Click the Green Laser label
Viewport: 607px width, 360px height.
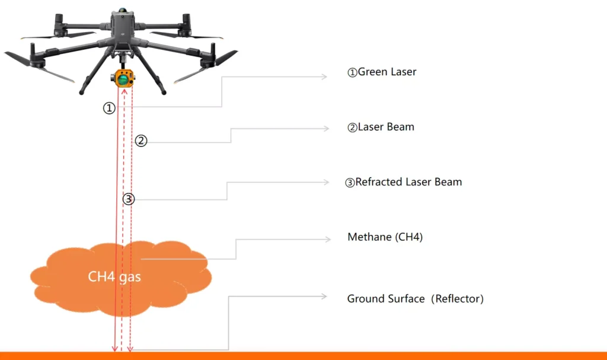tap(382, 72)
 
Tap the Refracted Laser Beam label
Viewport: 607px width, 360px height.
tap(403, 182)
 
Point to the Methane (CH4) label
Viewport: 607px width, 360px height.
tap(385, 237)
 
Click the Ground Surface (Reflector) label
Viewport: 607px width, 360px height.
tap(415, 299)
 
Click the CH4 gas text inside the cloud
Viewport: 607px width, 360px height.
tap(114, 276)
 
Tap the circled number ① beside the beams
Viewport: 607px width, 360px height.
tap(109, 109)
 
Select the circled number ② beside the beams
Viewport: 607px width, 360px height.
tap(140, 141)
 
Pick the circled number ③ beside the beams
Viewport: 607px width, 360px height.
tap(129, 199)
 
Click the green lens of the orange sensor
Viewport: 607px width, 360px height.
tap(123, 78)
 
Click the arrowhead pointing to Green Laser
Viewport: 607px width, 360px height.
tap(324, 77)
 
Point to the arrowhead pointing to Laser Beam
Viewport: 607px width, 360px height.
tap(324, 129)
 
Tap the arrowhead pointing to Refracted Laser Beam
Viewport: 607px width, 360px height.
tap(325, 182)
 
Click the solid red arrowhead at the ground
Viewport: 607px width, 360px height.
tap(116, 348)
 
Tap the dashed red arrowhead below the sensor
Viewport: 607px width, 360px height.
tap(124, 90)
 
